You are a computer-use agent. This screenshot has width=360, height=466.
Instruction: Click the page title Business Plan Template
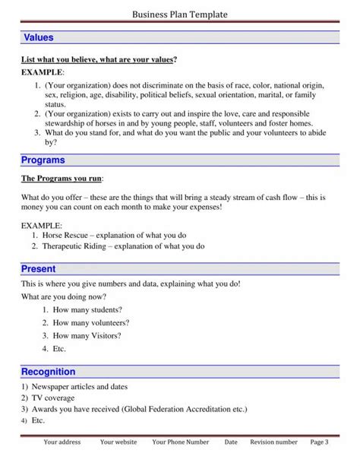(179, 14)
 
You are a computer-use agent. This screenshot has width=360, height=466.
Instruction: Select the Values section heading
(38, 38)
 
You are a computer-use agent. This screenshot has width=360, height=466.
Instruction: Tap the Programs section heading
(43, 160)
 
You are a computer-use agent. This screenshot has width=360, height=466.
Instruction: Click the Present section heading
(38, 269)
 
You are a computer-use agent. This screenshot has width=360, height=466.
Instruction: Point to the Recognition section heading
(48, 372)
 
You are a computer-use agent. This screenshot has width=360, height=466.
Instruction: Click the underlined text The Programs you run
(62, 179)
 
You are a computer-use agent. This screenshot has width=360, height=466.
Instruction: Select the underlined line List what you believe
(99, 59)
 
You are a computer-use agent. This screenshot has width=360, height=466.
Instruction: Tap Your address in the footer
(62, 442)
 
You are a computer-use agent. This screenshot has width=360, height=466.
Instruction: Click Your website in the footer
(118, 442)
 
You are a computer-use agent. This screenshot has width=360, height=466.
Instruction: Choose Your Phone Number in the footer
(180, 442)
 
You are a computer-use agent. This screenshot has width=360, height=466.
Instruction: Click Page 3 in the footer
(320, 442)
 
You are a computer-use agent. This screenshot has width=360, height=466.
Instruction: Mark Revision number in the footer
(273, 442)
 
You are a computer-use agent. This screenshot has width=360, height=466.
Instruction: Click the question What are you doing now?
(64, 296)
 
